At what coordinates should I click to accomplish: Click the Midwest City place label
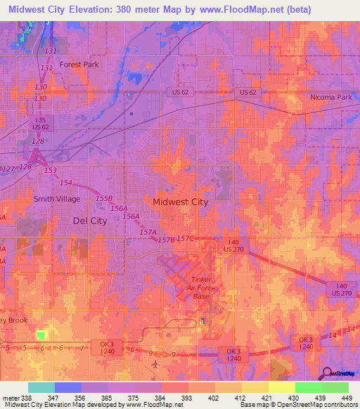(x=181, y=202)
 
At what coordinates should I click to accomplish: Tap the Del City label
(x=90, y=220)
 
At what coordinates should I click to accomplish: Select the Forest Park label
(x=79, y=64)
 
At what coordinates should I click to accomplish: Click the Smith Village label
(x=57, y=199)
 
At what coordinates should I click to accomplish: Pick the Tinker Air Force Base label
(x=201, y=287)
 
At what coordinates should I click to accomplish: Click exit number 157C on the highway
(x=185, y=238)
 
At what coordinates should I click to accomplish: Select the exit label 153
(x=50, y=171)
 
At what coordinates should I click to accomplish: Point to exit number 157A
(x=148, y=232)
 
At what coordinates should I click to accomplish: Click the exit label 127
(x=8, y=169)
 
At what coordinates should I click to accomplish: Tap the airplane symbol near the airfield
(x=155, y=364)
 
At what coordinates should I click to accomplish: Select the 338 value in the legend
(x=22, y=397)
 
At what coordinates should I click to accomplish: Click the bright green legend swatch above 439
(x=308, y=387)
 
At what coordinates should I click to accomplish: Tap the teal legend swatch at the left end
(x=41, y=387)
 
